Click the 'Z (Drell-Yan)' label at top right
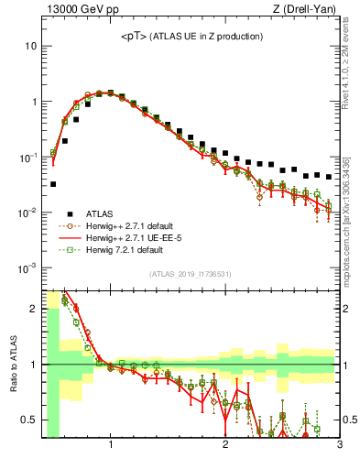click(x=308, y=10)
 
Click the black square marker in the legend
click(x=70, y=213)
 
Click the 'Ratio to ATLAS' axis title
click(x=12, y=365)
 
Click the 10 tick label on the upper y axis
click(x=31, y=46)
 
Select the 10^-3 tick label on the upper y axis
click(x=27, y=268)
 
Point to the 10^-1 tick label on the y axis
click(x=27, y=158)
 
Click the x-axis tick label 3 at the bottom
click(x=339, y=448)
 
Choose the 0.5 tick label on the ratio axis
click(x=28, y=420)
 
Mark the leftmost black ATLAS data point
click(x=53, y=184)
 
